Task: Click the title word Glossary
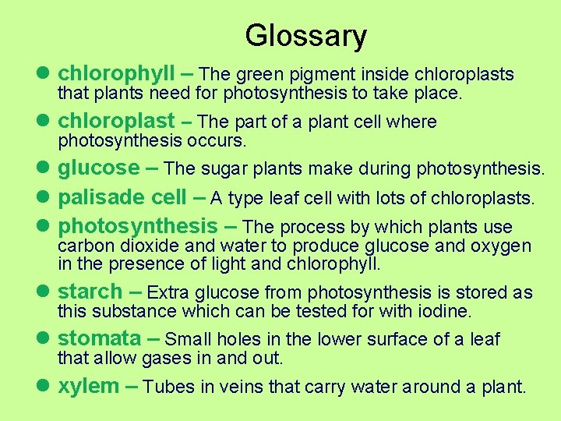[x=305, y=36]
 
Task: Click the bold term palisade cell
[x=122, y=197]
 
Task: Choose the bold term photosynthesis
[x=138, y=227]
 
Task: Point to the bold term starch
[x=90, y=292]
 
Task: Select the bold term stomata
[x=98, y=339]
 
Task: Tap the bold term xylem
[x=88, y=386]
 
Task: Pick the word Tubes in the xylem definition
[x=166, y=387]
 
